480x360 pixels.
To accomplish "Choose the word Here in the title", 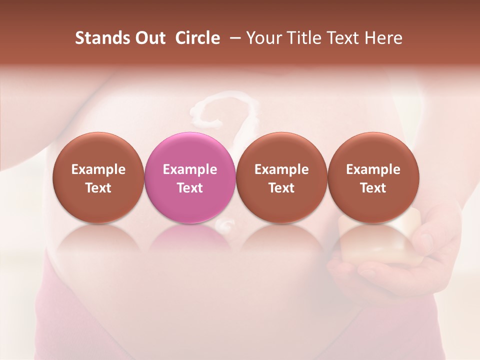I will (x=383, y=38).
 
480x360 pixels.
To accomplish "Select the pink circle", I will (x=190, y=178).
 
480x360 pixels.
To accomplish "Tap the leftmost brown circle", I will (x=98, y=178).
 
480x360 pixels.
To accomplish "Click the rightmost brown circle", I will (x=373, y=178).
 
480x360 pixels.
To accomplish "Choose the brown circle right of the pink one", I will (x=281, y=178).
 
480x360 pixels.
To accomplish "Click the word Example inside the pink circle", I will (x=190, y=169).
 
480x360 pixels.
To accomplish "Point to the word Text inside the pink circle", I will (x=190, y=188).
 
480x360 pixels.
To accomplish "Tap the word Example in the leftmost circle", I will (x=98, y=169).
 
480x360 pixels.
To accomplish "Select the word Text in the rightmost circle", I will (x=373, y=188).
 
